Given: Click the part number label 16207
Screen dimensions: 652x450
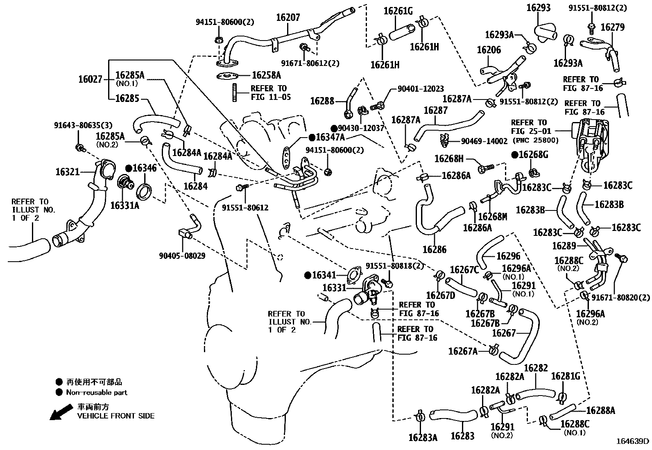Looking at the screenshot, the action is pyautogui.click(x=288, y=18).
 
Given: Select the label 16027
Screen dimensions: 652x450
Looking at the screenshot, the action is pyautogui.click(x=91, y=79).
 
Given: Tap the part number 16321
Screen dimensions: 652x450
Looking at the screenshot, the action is pyautogui.click(x=68, y=172).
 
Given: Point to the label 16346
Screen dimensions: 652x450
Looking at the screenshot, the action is pyautogui.click(x=145, y=168).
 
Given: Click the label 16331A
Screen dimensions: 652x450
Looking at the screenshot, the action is pyautogui.click(x=125, y=205).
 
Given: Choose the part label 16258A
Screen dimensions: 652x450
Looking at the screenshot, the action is pyautogui.click(x=266, y=75).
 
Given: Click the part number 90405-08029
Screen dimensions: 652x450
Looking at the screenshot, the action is pyautogui.click(x=182, y=256).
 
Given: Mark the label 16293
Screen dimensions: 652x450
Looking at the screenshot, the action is pyautogui.click(x=539, y=7).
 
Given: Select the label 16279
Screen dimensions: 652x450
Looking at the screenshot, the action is pyautogui.click(x=613, y=27).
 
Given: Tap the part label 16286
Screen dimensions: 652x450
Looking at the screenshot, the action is pyautogui.click(x=434, y=249).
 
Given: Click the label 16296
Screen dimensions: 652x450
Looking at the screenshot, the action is pyautogui.click(x=509, y=256).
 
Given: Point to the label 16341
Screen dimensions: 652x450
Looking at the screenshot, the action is pyautogui.click(x=324, y=275).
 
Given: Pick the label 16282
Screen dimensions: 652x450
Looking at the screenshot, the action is pyautogui.click(x=536, y=368).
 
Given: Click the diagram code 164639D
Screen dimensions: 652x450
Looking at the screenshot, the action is pyautogui.click(x=633, y=441).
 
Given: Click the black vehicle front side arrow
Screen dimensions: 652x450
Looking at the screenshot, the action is pyautogui.click(x=61, y=412).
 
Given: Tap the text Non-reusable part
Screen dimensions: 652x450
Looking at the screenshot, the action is pyautogui.click(x=97, y=392).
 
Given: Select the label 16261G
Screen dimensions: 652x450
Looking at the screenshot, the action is pyautogui.click(x=398, y=11).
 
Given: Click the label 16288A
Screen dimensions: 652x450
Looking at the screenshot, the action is pyautogui.click(x=600, y=410).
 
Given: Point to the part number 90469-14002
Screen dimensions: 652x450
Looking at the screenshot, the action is pyautogui.click(x=484, y=141).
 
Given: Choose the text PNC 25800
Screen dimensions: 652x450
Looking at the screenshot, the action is pyautogui.click(x=536, y=140).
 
